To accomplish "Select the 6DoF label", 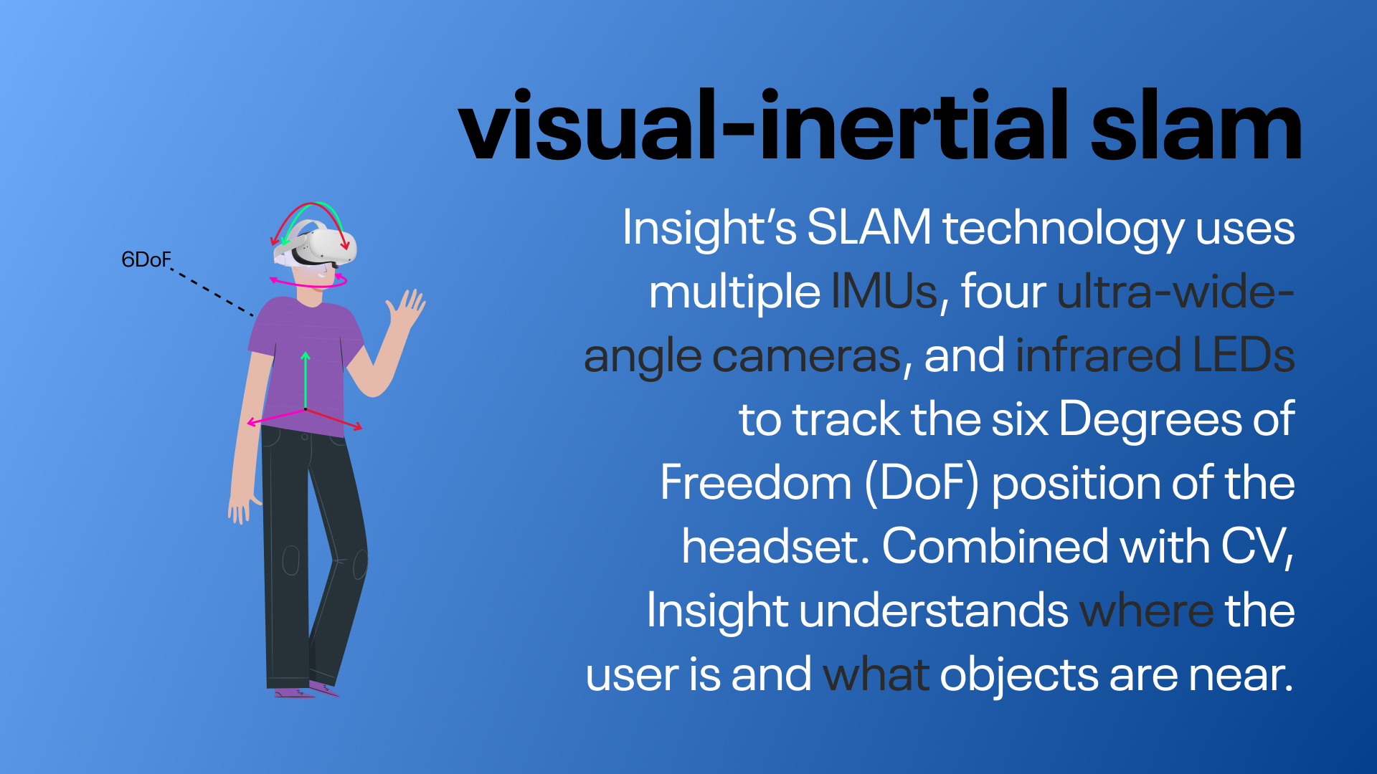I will tap(146, 259).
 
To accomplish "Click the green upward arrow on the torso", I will tap(306, 380).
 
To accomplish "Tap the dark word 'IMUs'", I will tap(884, 292).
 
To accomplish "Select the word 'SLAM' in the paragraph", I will tap(869, 228).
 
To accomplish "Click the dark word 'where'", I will tap(1146, 611).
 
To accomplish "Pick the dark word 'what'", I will tap(876, 675).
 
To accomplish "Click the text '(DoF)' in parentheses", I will tap(922, 484).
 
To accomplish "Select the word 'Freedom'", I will tap(755, 484).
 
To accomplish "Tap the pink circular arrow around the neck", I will tap(308, 284).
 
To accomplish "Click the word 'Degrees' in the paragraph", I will tap(1150, 419).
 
